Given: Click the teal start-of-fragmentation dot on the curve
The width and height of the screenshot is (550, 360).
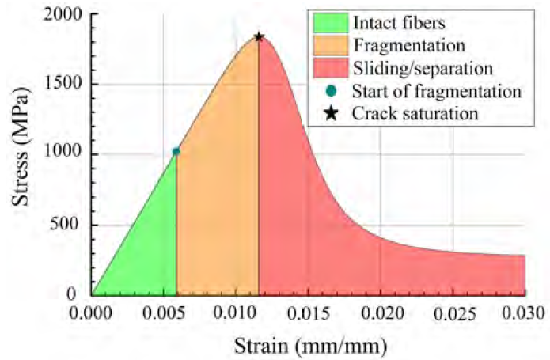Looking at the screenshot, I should (176, 151).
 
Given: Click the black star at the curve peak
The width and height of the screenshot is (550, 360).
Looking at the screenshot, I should (259, 36).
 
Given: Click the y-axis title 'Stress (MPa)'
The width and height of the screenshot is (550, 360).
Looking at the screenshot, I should (22, 153).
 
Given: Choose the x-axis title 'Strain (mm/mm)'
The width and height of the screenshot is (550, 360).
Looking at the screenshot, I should (309, 345).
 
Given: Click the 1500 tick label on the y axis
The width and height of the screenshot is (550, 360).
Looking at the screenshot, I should (66, 85).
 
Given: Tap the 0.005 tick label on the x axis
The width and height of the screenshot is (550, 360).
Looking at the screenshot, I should (165, 312).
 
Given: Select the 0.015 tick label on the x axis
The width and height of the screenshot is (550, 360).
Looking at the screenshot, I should (309, 312).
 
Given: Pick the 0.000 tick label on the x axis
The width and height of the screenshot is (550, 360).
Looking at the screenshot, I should (93, 312).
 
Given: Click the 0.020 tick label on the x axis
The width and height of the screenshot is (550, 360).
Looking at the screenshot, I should (381, 312).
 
